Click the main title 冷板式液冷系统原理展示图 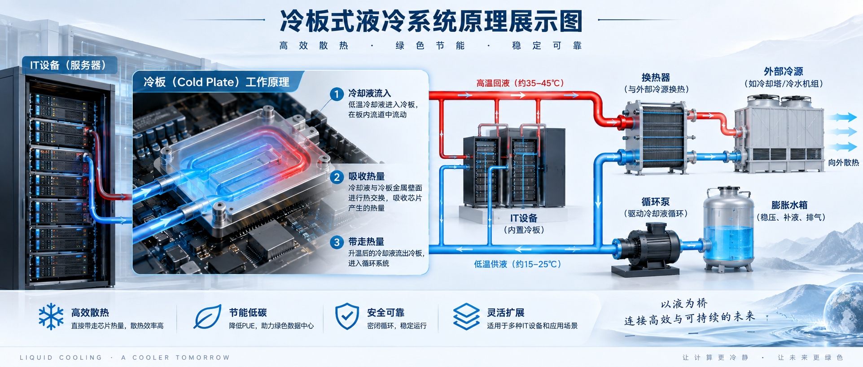click(x=431, y=22)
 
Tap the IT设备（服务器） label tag click(x=70, y=65)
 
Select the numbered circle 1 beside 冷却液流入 click(x=337, y=94)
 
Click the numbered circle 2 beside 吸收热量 click(x=337, y=177)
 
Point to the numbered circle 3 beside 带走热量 click(x=337, y=243)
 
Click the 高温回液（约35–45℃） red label click(x=520, y=83)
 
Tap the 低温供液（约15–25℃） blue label click(x=518, y=264)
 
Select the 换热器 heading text click(x=656, y=78)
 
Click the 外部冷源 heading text click(x=783, y=71)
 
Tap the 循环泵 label click(x=656, y=202)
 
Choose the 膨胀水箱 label click(x=789, y=205)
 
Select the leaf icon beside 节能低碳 click(x=207, y=317)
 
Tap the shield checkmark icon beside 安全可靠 click(x=347, y=316)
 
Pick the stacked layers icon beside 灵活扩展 click(x=466, y=316)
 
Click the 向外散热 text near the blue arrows click(x=843, y=162)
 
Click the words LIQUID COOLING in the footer click(x=61, y=358)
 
